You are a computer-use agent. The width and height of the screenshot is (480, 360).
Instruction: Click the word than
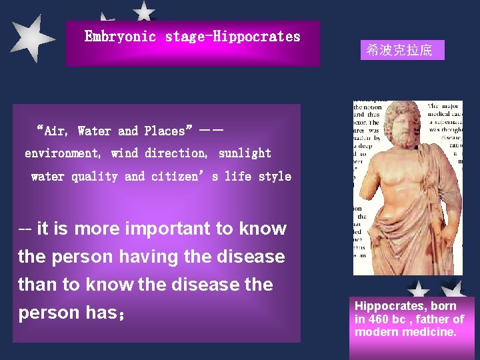pos(37,285)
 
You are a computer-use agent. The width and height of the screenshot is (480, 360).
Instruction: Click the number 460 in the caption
pos(378,319)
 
